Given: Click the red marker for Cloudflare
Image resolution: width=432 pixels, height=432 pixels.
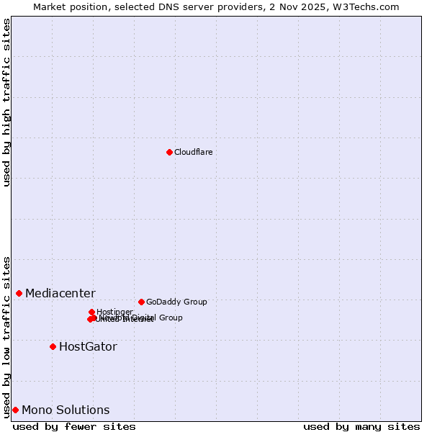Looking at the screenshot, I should click(169, 152).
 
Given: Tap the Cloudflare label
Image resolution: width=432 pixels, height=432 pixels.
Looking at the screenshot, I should click(193, 152).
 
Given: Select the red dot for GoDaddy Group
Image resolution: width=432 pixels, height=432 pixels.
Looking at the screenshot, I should click(141, 302).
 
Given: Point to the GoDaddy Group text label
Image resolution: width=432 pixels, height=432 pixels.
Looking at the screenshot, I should click(176, 302).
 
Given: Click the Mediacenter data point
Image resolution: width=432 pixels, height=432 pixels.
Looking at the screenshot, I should click(19, 293).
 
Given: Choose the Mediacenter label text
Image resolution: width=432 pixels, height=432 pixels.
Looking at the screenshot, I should click(60, 293).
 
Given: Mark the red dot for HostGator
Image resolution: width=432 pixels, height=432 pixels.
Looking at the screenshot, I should click(53, 346).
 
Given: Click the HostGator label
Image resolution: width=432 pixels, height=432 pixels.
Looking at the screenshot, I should click(88, 346).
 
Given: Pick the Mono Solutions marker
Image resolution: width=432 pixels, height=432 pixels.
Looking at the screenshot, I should click(15, 410).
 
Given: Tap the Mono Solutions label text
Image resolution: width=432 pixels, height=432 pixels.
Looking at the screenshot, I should click(66, 410).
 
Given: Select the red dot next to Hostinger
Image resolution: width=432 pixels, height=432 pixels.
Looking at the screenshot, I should click(91, 312).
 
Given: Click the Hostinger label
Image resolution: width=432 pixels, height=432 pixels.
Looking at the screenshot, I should click(114, 312).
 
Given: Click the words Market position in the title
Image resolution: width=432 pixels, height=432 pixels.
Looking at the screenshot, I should click(69, 6).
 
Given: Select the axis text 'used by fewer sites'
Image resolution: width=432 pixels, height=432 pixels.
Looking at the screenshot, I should click(74, 426).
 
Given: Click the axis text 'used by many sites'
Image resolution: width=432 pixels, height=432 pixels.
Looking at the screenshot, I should click(361, 426).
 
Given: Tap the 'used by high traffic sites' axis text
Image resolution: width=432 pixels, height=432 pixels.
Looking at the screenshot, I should click(6, 102).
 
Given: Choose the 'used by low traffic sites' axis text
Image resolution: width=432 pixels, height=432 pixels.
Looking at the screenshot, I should click(6, 336).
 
